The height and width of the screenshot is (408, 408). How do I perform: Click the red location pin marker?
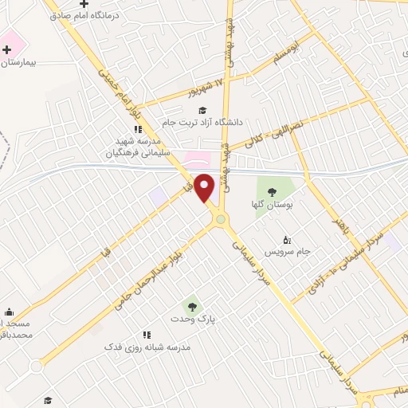(205, 189)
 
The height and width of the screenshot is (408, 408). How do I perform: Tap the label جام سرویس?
(286, 251)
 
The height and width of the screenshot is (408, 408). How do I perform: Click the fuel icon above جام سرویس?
(287, 238)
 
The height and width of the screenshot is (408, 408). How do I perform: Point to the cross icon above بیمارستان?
(6, 49)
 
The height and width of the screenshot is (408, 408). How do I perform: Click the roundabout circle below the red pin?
(220, 218)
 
